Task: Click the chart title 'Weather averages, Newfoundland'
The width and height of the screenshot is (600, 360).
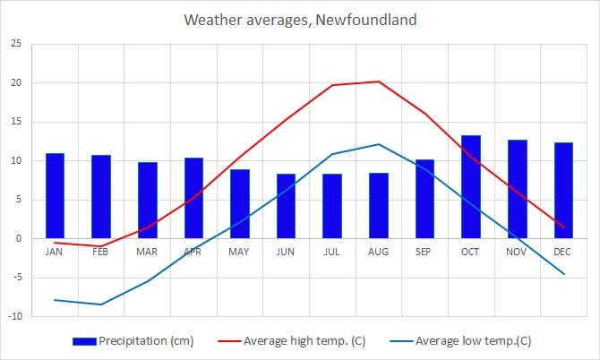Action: (x=300, y=19)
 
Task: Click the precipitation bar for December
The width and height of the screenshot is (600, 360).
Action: (x=563, y=190)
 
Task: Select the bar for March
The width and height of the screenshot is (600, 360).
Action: (x=147, y=200)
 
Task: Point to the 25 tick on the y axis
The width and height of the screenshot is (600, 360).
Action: (x=17, y=44)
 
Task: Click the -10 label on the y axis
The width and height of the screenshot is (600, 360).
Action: (x=15, y=316)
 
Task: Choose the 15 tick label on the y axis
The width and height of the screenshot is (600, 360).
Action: (x=17, y=122)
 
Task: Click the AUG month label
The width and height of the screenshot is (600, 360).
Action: (x=378, y=253)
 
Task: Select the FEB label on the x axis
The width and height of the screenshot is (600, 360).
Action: (x=100, y=253)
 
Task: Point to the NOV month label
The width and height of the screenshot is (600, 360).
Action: (x=517, y=253)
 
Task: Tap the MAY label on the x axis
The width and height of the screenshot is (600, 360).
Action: (x=239, y=253)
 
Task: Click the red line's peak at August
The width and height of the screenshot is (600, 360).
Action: (x=379, y=81)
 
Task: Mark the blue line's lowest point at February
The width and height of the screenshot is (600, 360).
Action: (x=101, y=304)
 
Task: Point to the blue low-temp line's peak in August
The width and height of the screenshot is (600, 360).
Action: (x=379, y=144)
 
